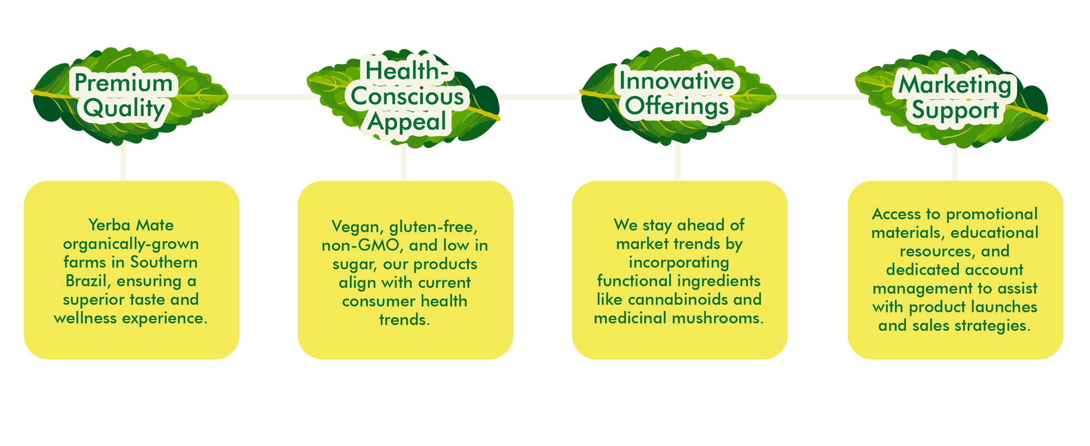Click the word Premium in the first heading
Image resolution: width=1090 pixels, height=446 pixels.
pyautogui.click(x=124, y=83)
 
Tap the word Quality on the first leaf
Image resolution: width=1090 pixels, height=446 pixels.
pyautogui.click(x=124, y=109)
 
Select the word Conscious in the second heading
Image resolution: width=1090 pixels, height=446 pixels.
pyautogui.click(x=407, y=97)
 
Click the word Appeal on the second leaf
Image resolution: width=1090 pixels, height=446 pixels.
pyautogui.click(x=407, y=122)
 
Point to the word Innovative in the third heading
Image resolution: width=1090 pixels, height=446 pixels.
pyautogui.click(x=676, y=81)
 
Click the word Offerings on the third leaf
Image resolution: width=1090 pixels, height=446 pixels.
pyautogui.click(x=677, y=106)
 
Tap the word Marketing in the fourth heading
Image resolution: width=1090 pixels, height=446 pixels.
pyautogui.click(x=954, y=85)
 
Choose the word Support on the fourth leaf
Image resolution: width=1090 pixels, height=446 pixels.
pyautogui.click(x=955, y=110)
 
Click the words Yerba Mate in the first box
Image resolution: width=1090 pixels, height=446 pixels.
pyautogui.click(x=131, y=225)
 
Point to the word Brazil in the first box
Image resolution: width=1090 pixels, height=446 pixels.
pyautogui.click(x=89, y=281)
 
